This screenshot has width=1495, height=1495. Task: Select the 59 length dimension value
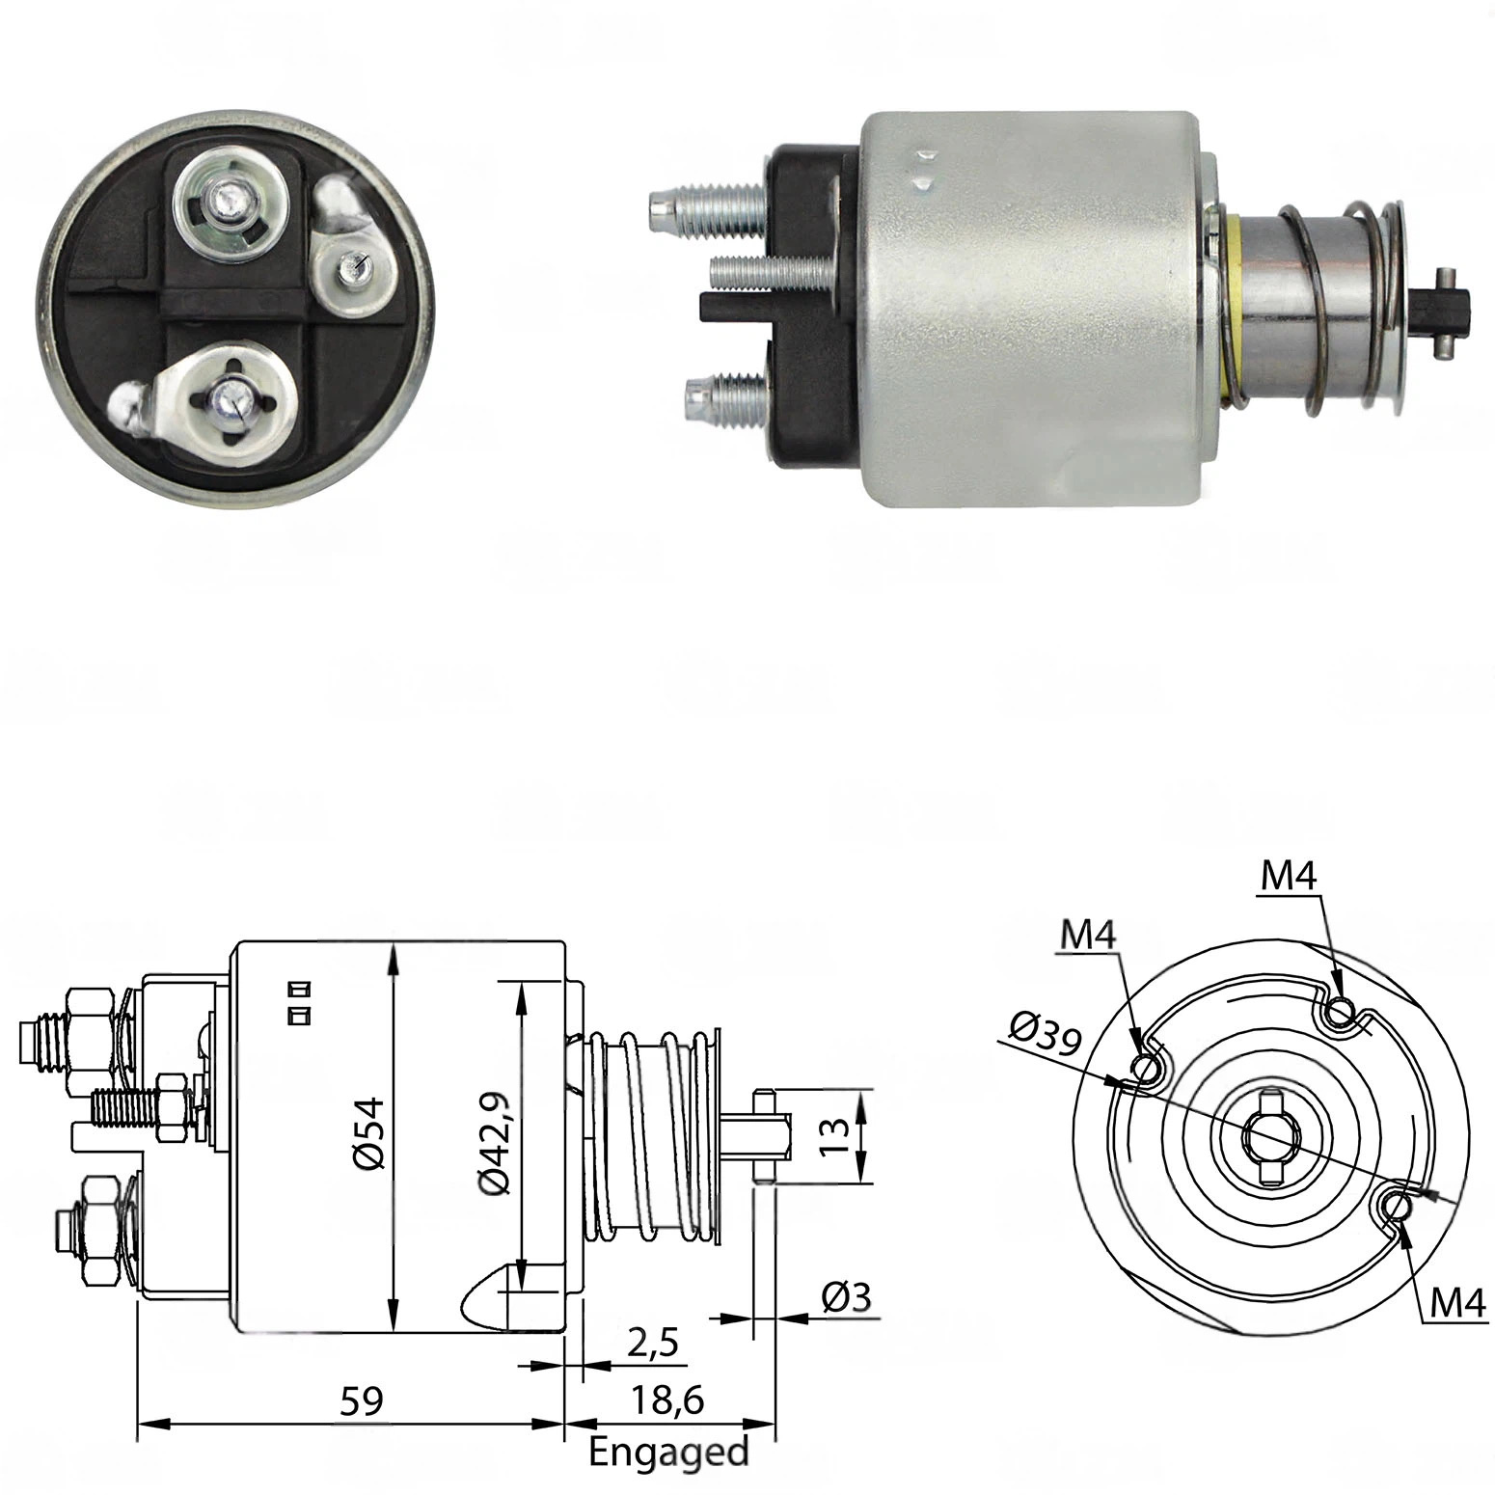361,1400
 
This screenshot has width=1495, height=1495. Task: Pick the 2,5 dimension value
652,1342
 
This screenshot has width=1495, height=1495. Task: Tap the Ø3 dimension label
847,1297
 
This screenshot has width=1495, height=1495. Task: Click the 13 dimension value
837,1136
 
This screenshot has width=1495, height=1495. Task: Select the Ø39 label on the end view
1046,1034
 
